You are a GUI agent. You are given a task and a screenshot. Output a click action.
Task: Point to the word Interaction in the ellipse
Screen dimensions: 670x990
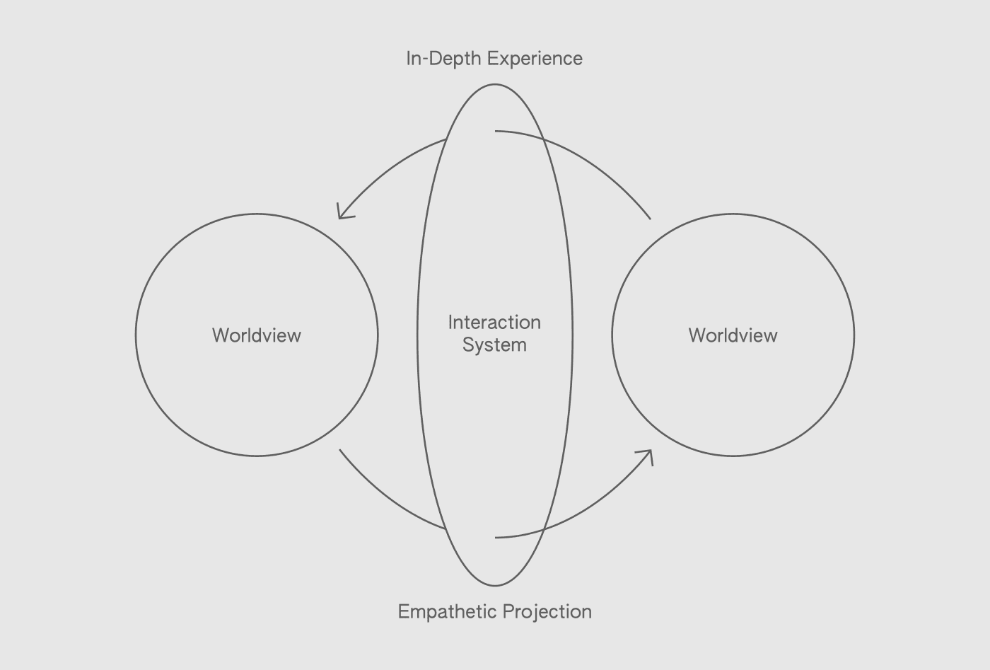494,323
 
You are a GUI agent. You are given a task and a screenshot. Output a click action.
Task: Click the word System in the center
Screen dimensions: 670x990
494,345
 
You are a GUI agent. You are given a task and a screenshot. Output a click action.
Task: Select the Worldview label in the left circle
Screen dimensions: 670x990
257,335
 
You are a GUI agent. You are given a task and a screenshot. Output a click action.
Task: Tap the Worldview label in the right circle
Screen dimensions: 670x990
733,335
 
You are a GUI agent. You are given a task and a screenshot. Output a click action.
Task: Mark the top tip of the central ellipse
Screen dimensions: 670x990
494,84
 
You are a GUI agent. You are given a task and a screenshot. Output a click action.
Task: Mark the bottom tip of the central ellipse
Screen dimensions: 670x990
494,586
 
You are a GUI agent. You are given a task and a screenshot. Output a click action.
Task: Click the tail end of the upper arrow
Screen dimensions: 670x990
650,219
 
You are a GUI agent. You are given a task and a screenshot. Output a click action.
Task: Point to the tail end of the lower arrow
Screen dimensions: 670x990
340,450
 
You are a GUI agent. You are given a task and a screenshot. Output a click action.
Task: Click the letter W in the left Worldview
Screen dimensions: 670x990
221,335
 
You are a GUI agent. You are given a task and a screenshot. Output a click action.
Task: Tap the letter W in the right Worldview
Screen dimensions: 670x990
697,335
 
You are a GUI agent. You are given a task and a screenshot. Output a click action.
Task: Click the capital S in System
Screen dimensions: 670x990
468,345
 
